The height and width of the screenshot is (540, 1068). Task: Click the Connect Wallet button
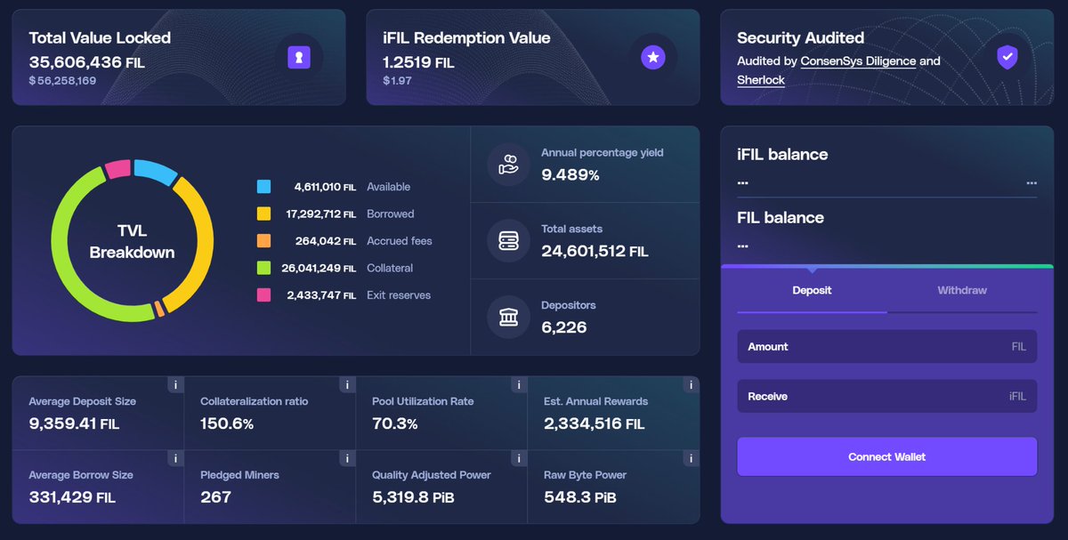coord(886,456)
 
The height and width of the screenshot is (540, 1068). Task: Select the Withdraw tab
coord(961,290)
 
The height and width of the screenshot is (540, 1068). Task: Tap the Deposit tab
coord(812,290)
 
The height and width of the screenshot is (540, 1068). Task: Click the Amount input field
coord(886,347)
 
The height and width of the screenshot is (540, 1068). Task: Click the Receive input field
coord(886,397)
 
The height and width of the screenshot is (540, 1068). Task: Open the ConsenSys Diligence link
coord(858,61)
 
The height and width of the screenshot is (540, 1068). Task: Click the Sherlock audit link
coord(760,80)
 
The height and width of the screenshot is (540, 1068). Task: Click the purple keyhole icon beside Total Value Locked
coord(299,58)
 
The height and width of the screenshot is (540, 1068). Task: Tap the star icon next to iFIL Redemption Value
coord(653,58)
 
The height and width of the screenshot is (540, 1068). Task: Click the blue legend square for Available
coord(263,187)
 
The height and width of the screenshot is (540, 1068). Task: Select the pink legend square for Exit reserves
coord(263,295)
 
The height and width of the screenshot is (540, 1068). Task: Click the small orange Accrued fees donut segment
coord(158,309)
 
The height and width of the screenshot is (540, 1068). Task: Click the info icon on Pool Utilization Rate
coord(518,385)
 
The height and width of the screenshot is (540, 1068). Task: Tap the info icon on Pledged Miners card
coord(346,459)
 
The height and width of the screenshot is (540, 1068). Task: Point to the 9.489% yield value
coord(570,175)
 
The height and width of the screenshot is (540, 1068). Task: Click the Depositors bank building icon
coord(508,316)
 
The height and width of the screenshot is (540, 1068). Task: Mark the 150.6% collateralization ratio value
coord(227,423)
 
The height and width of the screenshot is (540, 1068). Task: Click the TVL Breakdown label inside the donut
coord(132,242)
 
